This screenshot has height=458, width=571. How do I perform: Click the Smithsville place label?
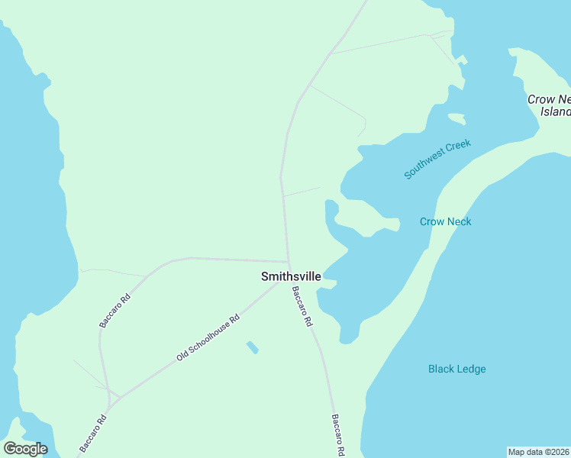(x=291, y=276)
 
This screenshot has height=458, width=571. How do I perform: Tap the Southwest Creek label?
(x=437, y=159)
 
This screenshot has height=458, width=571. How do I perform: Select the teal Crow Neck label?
(x=445, y=221)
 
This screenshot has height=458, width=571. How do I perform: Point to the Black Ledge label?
(x=456, y=369)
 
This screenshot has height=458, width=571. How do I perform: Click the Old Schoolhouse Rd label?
(x=208, y=337)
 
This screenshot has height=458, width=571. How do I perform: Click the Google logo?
(x=25, y=449)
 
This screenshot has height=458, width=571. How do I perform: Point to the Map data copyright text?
(x=538, y=451)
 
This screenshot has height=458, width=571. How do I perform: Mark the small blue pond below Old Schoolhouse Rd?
(x=252, y=347)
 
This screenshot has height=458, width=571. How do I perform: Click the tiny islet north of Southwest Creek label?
(x=456, y=118)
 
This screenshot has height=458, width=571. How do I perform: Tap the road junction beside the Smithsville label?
(x=288, y=263)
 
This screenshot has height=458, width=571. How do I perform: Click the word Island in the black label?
(x=556, y=111)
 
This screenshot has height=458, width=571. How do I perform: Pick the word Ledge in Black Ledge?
(x=471, y=369)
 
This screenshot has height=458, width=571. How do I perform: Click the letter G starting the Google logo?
(x=10, y=449)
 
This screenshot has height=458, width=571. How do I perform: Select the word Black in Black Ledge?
(x=441, y=369)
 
